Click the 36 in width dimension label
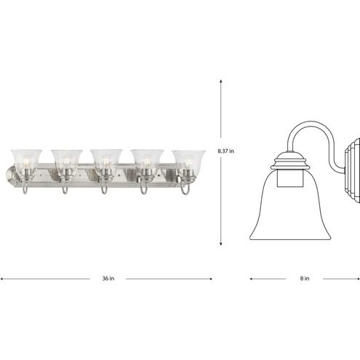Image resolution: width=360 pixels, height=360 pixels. coord(107,278)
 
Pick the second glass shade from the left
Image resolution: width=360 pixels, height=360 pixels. coord(65,160)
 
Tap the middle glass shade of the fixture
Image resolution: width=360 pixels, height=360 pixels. coord(105,160)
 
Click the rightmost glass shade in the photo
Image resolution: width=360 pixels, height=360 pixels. coord(188,160)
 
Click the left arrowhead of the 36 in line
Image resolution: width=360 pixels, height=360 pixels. coord(3,278)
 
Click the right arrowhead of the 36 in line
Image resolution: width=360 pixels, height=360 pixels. coord(210,278)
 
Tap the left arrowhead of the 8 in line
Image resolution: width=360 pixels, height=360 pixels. coord(252,278)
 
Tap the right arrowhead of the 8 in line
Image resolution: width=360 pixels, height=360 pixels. coord(357,278)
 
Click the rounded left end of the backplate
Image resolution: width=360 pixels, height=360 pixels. coord(10,175)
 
